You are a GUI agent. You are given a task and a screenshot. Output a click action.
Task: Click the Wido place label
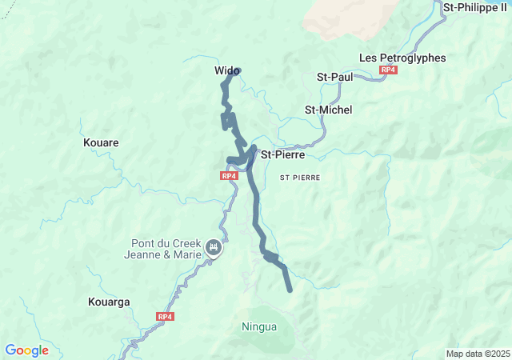click(226, 71)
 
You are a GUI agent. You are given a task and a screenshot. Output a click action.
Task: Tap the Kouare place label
click(101, 142)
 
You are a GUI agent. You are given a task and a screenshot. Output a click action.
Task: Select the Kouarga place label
click(108, 302)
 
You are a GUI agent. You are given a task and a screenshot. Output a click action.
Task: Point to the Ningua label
click(259, 326)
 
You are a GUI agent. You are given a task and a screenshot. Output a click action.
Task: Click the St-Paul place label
click(335, 77)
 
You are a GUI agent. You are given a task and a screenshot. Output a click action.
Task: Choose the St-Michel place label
click(328, 110)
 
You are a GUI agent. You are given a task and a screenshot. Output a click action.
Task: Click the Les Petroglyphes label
click(402, 58)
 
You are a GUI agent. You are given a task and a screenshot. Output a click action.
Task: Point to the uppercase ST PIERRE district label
click(300, 177)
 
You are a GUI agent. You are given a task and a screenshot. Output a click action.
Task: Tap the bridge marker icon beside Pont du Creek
click(214, 247)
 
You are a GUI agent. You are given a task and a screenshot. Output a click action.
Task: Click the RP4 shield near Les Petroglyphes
click(388, 70)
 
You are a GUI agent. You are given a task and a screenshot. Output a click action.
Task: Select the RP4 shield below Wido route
click(229, 175)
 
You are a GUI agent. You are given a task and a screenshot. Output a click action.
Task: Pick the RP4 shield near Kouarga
click(165, 317)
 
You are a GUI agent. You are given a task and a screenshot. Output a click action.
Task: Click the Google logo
click(26, 350)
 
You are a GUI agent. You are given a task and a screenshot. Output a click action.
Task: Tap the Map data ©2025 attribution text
click(478, 354)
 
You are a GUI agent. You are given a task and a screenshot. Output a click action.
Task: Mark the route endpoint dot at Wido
click(237, 70)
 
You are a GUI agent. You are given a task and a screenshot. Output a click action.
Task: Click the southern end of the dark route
click(290, 290)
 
